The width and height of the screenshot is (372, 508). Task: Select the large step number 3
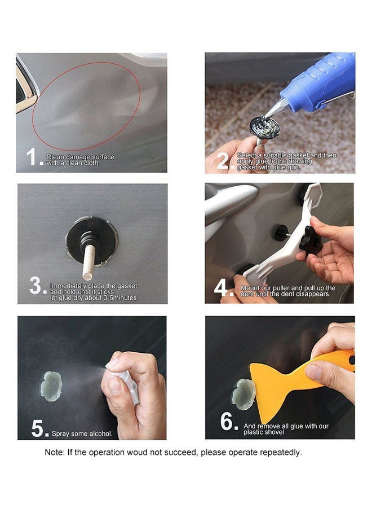click(x=36, y=286)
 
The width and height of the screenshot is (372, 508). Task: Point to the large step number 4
click(x=222, y=288)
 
